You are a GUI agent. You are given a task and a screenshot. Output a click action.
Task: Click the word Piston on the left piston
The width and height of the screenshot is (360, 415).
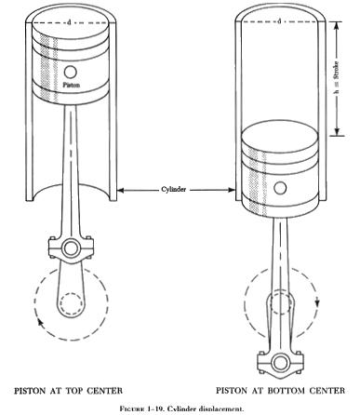click(x=72, y=85)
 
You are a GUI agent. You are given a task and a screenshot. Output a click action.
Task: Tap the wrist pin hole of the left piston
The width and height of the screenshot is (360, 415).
click(x=71, y=73)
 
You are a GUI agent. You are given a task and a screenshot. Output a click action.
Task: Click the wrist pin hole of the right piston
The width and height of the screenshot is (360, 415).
click(x=280, y=188)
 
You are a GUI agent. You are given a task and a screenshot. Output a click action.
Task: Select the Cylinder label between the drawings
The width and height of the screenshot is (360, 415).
click(x=174, y=189)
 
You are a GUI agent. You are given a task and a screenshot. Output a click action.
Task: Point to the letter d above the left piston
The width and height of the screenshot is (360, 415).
click(x=69, y=22)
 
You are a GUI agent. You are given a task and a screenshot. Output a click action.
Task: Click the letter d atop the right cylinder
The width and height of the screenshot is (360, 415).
click(x=279, y=21)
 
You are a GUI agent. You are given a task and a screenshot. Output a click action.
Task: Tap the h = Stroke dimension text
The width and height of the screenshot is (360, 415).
click(x=337, y=78)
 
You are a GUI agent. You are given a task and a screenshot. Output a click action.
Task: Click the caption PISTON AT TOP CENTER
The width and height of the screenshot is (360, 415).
click(x=69, y=391)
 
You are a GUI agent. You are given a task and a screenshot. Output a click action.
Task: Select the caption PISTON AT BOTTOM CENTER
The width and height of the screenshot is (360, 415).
click(x=280, y=390)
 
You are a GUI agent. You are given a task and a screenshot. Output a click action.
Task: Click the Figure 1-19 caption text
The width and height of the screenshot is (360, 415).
click(x=181, y=408)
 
